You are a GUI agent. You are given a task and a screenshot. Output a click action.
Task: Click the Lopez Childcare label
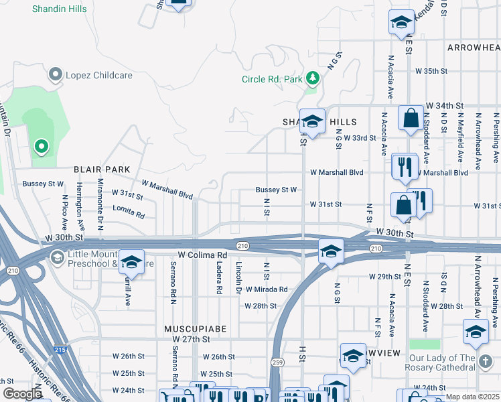point(98,75)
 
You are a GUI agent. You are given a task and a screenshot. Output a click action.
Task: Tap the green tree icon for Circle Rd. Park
point(312,79)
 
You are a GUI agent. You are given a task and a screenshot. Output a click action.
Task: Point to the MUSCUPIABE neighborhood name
point(196,330)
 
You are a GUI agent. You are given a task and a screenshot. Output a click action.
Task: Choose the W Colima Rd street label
point(202,255)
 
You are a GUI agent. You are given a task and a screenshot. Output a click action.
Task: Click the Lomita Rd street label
point(129,213)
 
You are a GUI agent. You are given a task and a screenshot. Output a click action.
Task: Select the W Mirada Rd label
point(266,289)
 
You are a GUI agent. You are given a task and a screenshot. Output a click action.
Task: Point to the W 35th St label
point(431,70)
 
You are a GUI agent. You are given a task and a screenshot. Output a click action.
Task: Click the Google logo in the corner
point(22,394)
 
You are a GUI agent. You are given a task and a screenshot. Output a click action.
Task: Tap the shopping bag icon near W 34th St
point(410,118)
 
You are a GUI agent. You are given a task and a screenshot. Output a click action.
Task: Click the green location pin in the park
point(42,145)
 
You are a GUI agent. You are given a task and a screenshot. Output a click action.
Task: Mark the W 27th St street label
point(184,340)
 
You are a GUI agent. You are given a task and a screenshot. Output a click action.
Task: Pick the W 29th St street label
point(386,276)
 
